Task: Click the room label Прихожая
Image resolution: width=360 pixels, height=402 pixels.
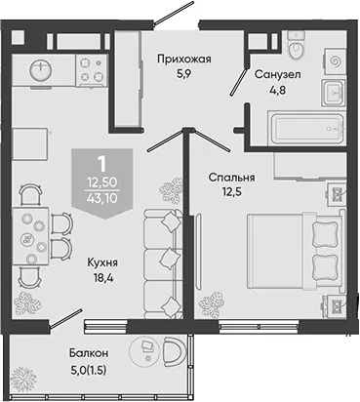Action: tap(184, 60)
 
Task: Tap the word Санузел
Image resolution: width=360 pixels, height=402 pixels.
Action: tap(278, 74)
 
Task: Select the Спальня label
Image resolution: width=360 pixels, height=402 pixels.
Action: tap(232, 178)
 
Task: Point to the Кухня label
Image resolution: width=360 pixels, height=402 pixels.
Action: tap(102, 262)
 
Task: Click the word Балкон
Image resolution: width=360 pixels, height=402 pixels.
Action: tap(89, 353)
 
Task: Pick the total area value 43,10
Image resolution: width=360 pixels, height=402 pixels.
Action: tap(101, 198)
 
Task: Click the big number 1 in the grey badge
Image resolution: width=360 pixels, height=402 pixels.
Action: tap(102, 164)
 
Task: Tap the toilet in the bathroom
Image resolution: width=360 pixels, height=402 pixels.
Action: tap(297, 46)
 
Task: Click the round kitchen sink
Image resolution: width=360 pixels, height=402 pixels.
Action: tap(41, 70)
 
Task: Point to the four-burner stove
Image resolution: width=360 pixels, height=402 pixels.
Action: tap(92, 69)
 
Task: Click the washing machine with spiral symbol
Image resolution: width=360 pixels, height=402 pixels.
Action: tap(335, 61)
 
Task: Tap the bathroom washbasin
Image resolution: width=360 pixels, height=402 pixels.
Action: tap(333, 93)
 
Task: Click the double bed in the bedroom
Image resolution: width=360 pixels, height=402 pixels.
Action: tap(296, 250)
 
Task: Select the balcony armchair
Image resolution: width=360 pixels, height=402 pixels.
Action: tap(174, 352)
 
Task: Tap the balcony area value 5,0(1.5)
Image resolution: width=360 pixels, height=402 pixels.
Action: tap(88, 370)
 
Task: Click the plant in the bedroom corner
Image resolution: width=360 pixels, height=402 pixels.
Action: tap(212, 303)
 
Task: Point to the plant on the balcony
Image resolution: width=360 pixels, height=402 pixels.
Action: tap(24, 380)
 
